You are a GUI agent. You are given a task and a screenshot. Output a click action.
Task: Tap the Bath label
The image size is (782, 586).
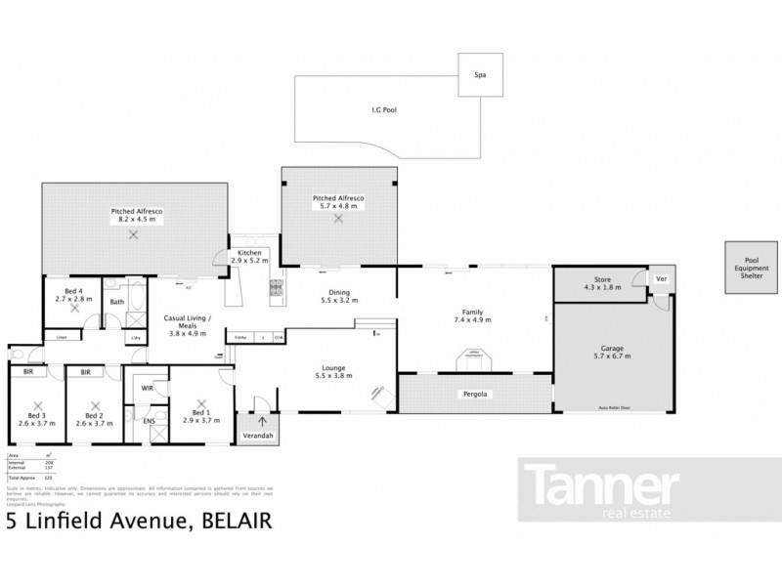116,302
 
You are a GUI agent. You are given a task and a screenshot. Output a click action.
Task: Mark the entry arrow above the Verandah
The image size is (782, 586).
261,421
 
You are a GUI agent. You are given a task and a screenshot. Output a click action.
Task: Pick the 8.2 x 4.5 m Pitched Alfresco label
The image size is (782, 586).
138,215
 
